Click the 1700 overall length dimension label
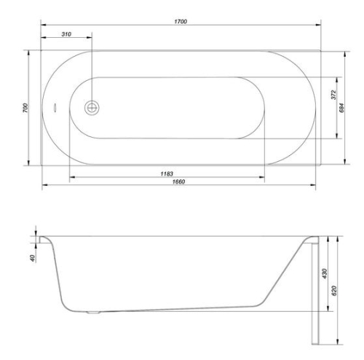(181, 21)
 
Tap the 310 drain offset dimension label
(66, 34)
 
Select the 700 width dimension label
(25, 108)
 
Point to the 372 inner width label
(333, 95)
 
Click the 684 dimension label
(341, 108)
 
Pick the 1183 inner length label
(167, 173)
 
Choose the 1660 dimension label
(178, 181)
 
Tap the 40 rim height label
(33, 258)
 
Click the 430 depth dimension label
(325, 274)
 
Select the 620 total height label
(334, 291)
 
